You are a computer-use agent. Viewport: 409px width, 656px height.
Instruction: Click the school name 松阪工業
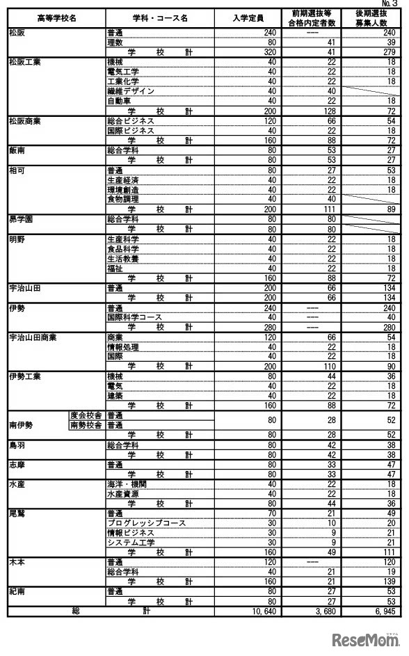click(25, 62)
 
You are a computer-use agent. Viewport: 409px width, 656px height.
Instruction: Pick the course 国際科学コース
click(136, 317)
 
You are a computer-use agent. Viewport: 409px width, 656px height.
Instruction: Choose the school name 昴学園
click(22, 218)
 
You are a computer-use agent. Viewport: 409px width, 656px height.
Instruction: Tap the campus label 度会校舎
click(87, 415)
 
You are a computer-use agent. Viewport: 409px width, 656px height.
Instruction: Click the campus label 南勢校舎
click(87, 424)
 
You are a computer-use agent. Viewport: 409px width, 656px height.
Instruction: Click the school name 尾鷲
click(17, 513)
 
